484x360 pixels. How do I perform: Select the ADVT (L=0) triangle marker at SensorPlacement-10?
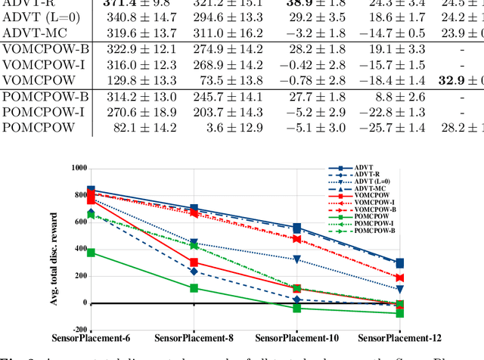[x=297, y=259]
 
